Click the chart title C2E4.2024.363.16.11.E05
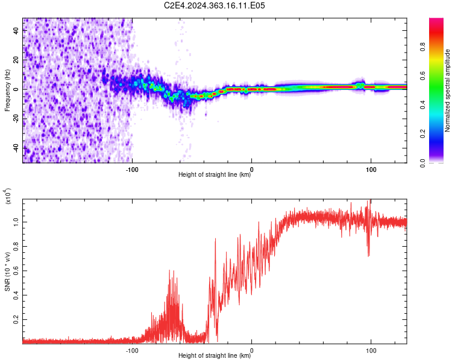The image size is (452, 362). click(x=214, y=5)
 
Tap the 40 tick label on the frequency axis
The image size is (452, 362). click(x=16, y=31)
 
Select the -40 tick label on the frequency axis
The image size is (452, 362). click(x=16, y=148)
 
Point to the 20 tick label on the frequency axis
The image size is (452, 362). click(x=16, y=60)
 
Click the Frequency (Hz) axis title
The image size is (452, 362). click(x=7, y=91)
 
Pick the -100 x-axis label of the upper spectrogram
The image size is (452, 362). click(x=132, y=170)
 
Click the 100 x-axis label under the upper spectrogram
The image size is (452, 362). click(x=371, y=170)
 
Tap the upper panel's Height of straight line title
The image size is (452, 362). click(x=215, y=174)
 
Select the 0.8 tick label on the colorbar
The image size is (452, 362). click(x=422, y=47)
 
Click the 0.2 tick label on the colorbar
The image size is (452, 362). click(x=422, y=134)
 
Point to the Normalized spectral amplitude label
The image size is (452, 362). click(x=447, y=91)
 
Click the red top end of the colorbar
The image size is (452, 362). click(x=436, y=19)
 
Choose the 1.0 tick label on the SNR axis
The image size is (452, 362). click(x=16, y=222)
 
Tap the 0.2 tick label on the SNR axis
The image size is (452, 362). click(x=16, y=319)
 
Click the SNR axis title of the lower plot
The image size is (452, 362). click(x=7, y=271)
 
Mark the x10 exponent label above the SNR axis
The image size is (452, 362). click(x=8, y=196)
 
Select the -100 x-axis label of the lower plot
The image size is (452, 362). click(x=132, y=351)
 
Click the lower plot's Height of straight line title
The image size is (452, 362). click(x=215, y=355)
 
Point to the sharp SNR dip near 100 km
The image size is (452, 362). click(x=368, y=255)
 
